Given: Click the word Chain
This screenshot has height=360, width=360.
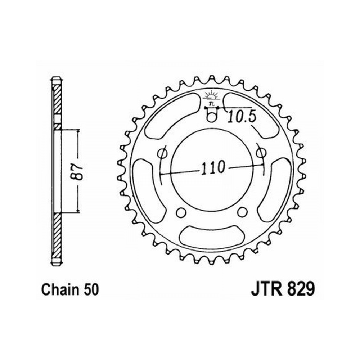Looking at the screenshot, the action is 59,290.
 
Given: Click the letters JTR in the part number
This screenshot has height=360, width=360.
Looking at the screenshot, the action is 266,289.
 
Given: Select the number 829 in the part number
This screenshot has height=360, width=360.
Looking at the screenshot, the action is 300,289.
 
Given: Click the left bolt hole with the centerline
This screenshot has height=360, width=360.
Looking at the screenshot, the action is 163,153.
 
